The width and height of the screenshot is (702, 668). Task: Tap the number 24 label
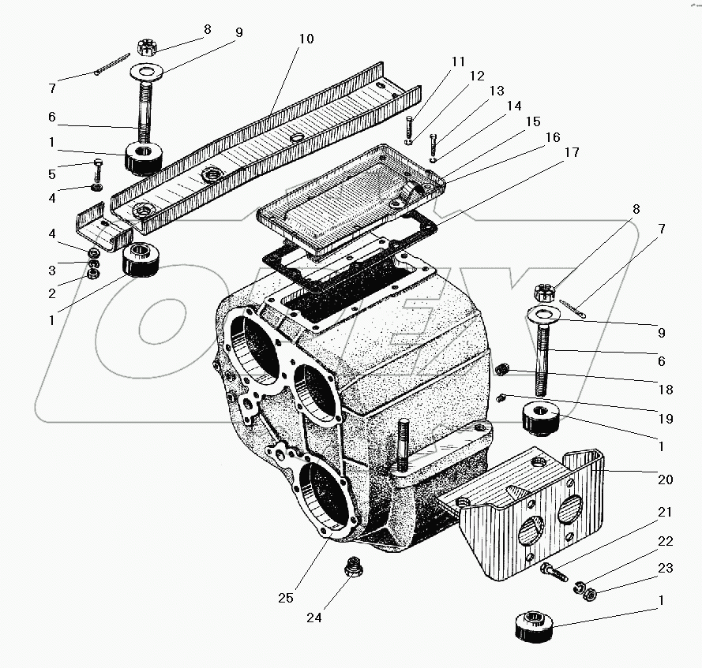pyautogui.click(x=314, y=618)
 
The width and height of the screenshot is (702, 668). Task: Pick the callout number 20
pyautogui.click(x=665, y=479)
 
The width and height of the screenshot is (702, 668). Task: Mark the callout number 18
pyautogui.click(x=665, y=390)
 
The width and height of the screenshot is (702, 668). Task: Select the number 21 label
pyautogui.click(x=665, y=512)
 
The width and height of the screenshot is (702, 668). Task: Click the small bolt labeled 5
pyautogui.click(x=97, y=168)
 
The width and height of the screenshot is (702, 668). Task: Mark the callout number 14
pyautogui.click(x=514, y=105)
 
